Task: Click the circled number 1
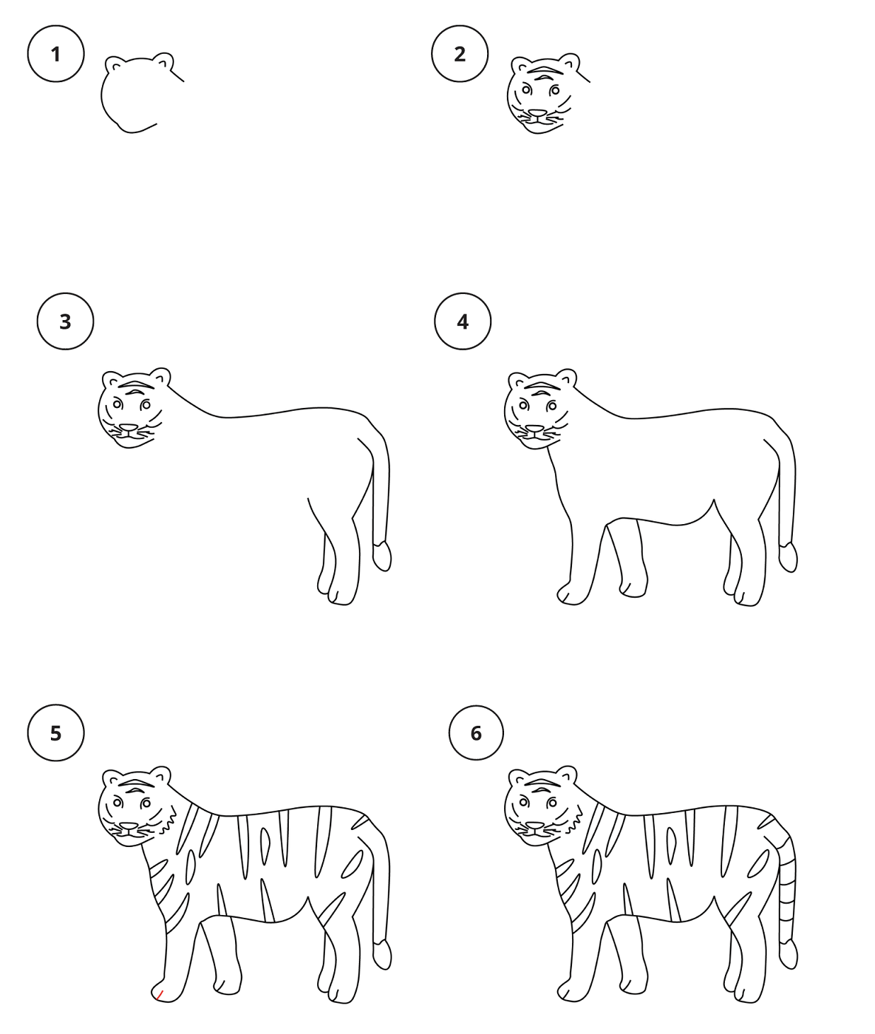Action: click(55, 54)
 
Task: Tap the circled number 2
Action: click(459, 54)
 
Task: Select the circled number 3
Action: click(65, 321)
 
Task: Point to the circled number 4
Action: click(462, 321)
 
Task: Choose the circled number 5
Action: click(55, 733)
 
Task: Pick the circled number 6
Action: click(476, 733)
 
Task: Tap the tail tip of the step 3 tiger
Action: click(382, 556)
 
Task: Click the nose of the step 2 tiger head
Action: click(537, 113)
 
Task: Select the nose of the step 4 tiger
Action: click(534, 428)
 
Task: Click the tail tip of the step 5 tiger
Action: click(382, 955)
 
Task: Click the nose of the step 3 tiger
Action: click(129, 428)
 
